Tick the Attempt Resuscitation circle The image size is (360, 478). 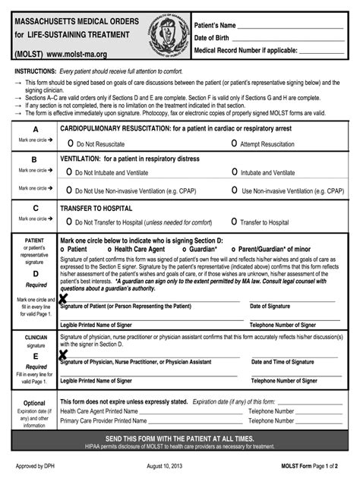[234, 143]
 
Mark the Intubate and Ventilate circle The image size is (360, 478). [234, 173]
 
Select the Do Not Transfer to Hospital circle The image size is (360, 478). [69, 222]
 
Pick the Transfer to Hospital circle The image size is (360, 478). [234, 222]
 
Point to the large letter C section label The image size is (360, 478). [35, 208]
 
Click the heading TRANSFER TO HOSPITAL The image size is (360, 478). [96, 208]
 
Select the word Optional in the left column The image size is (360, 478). [34, 403]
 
